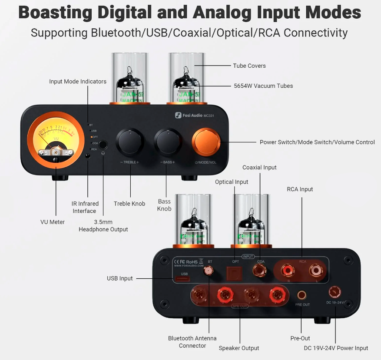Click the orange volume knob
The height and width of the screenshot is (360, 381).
pos(206,142)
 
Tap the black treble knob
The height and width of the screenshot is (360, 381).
pos(129,142)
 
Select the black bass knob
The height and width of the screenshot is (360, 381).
pos(168,142)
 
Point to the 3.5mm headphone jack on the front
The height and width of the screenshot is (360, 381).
pos(103,145)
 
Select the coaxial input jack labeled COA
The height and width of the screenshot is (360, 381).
pos(261,271)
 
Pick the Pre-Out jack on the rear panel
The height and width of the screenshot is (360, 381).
pos(301,295)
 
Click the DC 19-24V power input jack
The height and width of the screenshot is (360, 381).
pos(335,291)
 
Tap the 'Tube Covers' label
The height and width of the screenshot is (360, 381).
pos(249,66)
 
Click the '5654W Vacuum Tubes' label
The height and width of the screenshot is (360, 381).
pos(263,86)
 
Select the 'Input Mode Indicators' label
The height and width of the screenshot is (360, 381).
pos(78,81)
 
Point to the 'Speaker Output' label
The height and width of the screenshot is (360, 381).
pos(239,348)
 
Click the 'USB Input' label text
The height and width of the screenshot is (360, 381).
pos(120,278)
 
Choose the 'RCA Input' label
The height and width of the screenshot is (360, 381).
pos(300,189)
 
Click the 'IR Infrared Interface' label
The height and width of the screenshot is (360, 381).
pos(85,207)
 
